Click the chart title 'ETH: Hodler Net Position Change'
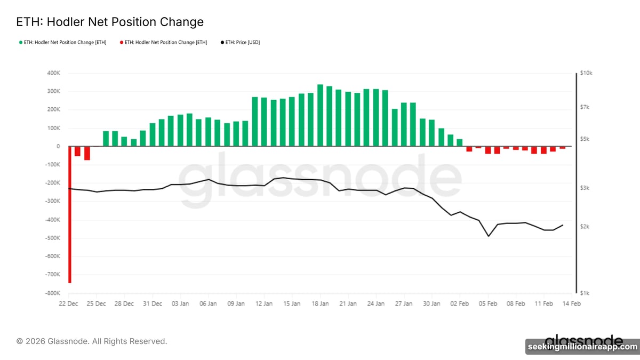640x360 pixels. (110, 22)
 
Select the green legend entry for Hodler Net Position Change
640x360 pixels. (62, 42)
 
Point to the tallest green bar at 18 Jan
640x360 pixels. (320, 115)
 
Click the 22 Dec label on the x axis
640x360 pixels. (69, 303)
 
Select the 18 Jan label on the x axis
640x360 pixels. (320, 303)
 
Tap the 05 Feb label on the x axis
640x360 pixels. (488, 303)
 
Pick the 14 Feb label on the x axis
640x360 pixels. (572, 303)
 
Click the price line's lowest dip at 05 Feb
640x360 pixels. (488, 236)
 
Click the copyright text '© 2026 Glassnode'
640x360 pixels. (92, 341)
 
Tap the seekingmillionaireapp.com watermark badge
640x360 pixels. (582, 347)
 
